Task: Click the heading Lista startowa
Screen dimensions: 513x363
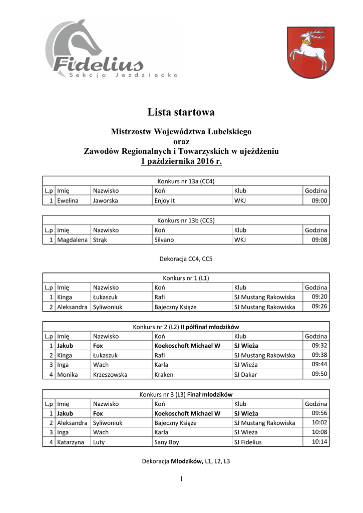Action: pos(181,112)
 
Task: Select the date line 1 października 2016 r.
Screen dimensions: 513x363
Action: pos(181,161)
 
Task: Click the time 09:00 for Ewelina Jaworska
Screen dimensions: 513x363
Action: pos(319,200)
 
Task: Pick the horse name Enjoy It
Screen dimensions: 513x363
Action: pos(165,201)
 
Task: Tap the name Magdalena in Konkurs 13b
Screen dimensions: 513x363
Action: pos(72,240)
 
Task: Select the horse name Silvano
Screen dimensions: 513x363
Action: pos(164,240)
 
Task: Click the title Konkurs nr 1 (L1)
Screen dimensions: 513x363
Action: pos(186,278)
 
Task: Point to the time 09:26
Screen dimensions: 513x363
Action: pos(319,306)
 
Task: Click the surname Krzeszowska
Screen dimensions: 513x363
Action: pos(110,374)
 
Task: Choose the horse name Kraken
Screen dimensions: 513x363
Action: pos(164,374)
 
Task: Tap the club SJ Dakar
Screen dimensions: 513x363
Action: pos(245,374)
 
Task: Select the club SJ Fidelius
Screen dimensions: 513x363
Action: pos(248,442)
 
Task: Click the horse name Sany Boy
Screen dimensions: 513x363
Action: pos(167,442)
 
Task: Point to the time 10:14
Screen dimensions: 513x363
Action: pos(319,441)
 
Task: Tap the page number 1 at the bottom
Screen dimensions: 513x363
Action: pos(181,479)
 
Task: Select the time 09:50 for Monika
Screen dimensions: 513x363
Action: pos(319,373)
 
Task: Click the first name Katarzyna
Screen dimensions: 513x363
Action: pos(72,442)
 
